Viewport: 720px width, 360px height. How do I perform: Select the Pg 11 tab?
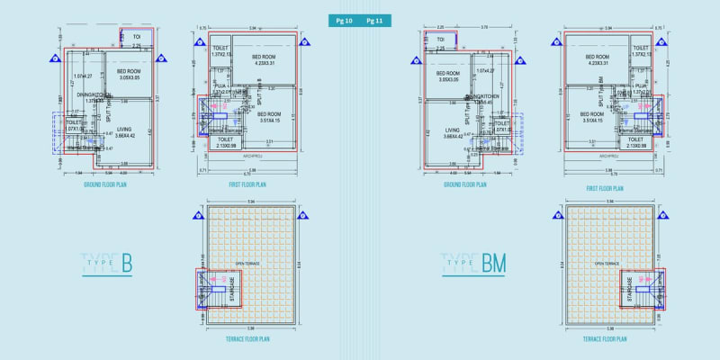click(x=375, y=19)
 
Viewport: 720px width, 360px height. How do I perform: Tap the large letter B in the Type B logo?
click(x=126, y=263)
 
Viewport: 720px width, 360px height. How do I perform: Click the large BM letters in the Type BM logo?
click(x=493, y=263)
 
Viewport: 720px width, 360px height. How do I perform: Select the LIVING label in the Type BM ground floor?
click(x=447, y=131)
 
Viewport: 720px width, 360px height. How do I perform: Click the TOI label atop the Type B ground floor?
click(x=137, y=37)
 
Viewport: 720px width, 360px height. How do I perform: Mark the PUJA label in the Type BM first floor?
click(x=641, y=86)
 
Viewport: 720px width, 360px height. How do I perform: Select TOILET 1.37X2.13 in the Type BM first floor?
click(x=641, y=50)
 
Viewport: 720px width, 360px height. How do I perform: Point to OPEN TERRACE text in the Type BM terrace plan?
click(x=605, y=264)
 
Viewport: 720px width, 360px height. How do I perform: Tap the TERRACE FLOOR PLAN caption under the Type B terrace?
click(x=245, y=339)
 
